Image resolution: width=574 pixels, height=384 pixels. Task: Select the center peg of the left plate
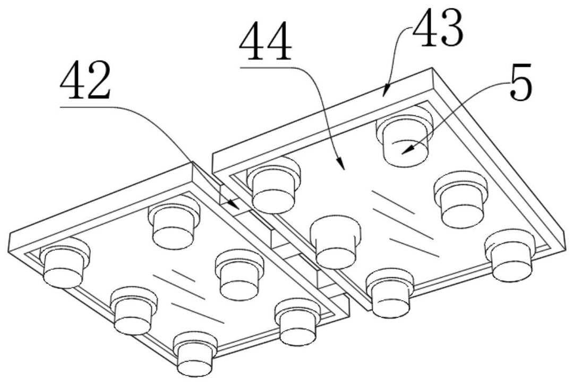click(239, 275)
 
